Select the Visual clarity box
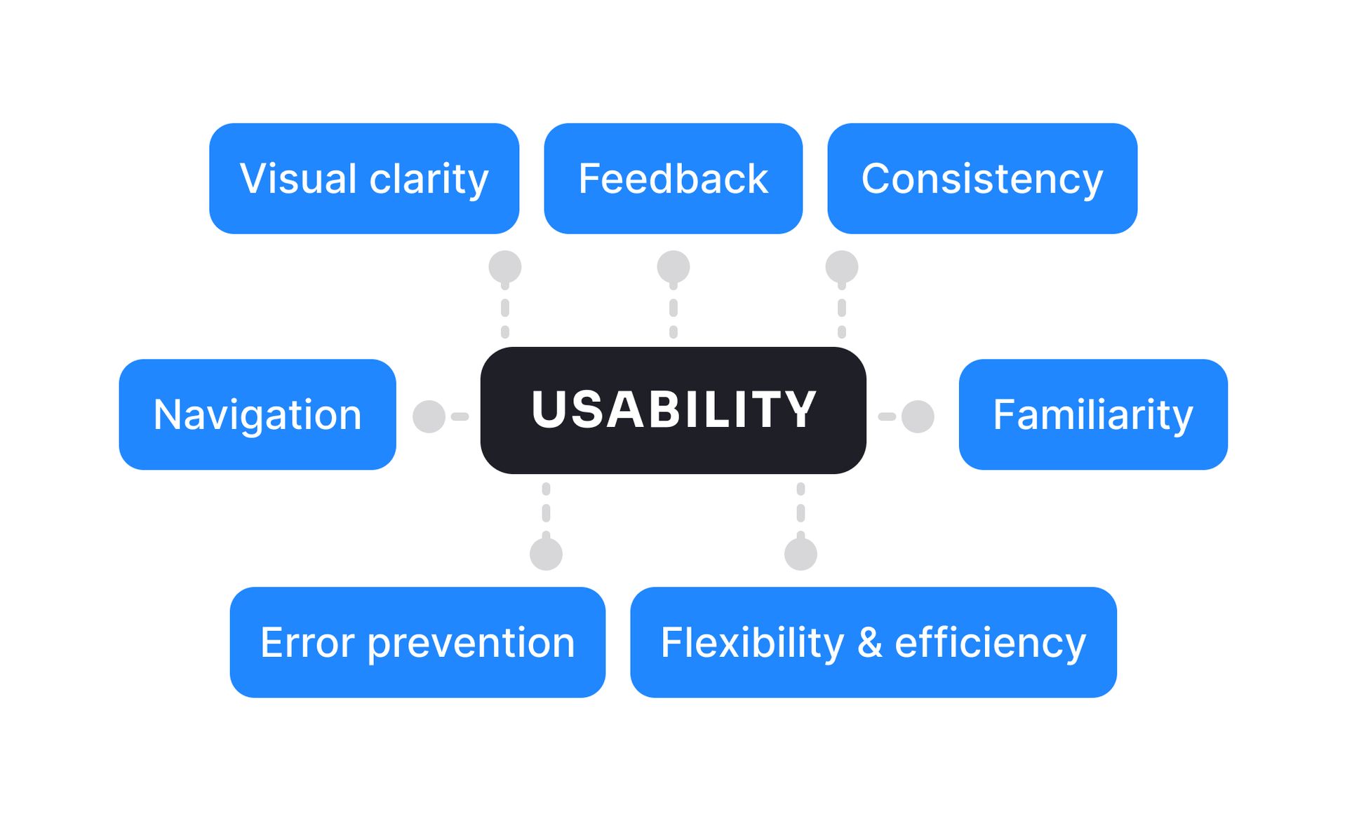pyautogui.click(x=364, y=178)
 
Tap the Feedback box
pyautogui.click(x=673, y=178)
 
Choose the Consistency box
pyautogui.click(x=981, y=178)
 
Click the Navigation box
pyautogui.click(x=257, y=414)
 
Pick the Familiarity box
pyautogui.click(x=1092, y=414)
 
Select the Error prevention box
pyautogui.click(x=417, y=642)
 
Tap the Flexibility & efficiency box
pyautogui.click(x=873, y=642)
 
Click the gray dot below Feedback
pyautogui.click(x=673, y=266)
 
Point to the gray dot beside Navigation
pyautogui.click(x=429, y=416)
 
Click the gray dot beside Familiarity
pyautogui.click(x=917, y=416)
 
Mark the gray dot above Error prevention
pyautogui.click(x=546, y=554)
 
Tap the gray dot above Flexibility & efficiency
pyautogui.click(x=800, y=554)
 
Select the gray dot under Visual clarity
pyautogui.click(x=504, y=266)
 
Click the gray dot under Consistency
pyautogui.click(x=841, y=266)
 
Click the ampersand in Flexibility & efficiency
pyautogui.click(x=869, y=643)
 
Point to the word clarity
pyautogui.click(x=429, y=179)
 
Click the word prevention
pyautogui.click(x=471, y=644)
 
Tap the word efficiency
pyautogui.click(x=990, y=644)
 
